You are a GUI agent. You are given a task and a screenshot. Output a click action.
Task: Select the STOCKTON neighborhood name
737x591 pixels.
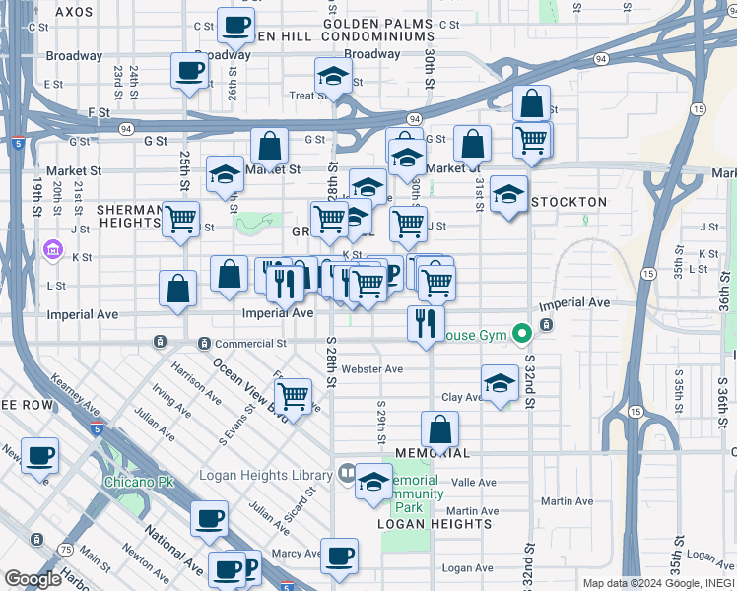(x=569, y=202)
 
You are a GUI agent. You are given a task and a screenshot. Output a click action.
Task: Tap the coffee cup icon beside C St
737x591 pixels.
(x=234, y=25)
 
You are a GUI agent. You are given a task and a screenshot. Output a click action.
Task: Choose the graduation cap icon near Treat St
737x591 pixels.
(x=333, y=75)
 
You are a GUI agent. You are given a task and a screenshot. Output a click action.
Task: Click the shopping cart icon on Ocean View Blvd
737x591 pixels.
(x=293, y=395)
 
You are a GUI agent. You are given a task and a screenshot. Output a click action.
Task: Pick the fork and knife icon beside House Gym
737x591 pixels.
(x=426, y=323)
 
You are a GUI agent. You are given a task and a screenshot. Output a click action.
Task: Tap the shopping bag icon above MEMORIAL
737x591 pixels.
(x=439, y=428)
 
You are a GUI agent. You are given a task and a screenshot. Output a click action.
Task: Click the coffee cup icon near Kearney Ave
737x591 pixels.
(x=39, y=456)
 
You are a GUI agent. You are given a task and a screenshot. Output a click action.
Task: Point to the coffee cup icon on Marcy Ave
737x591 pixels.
(x=339, y=556)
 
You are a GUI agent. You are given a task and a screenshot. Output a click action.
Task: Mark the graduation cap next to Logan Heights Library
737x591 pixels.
(x=373, y=482)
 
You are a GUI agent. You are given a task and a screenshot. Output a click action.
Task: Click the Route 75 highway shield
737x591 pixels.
(x=64, y=550)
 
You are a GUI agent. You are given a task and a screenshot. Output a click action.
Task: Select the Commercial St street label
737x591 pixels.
(x=250, y=344)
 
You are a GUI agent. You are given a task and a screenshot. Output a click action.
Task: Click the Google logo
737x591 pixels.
(x=33, y=579)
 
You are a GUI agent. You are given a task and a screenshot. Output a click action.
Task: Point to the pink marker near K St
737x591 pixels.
(x=52, y=252)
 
